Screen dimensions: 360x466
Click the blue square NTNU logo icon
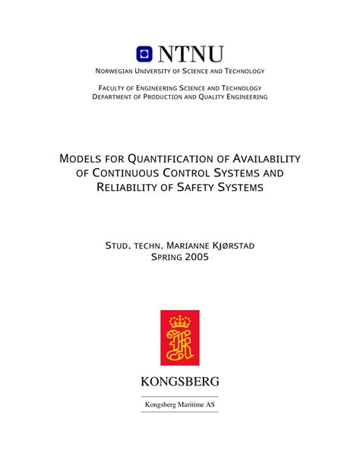pyautogui.click(x=145, y=54)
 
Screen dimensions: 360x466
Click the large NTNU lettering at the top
pyautogui.click(x=191, y=54)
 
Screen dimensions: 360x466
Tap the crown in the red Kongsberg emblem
pyautogui.click(x=180, y=322)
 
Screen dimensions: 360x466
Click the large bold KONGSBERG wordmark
pyautogui.click(x=180, y=381)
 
